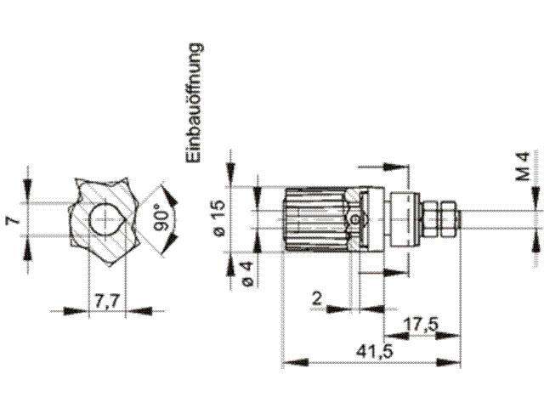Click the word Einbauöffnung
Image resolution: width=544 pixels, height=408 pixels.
(193, 104)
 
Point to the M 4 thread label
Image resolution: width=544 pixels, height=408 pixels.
(524, 166)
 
